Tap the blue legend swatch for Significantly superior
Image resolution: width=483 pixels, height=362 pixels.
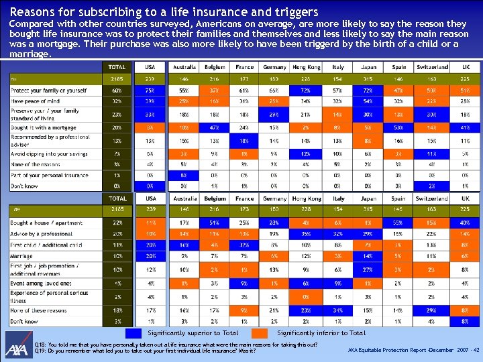point(134,333)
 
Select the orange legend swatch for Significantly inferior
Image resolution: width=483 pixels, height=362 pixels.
point(265,333)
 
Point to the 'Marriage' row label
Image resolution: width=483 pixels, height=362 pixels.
point(21,255)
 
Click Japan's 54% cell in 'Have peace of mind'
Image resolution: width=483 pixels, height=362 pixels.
point(368,101)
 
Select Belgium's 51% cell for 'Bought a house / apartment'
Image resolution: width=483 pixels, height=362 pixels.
point(215,223)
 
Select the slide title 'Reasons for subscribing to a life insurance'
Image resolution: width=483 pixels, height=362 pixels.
point(164,12)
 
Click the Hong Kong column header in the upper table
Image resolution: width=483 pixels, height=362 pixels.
point(306,67)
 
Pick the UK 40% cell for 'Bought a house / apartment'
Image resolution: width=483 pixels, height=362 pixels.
point(464,223)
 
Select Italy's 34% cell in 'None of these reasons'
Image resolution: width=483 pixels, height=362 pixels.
point(338,310)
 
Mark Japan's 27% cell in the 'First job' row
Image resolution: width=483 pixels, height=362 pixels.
point(368,269)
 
